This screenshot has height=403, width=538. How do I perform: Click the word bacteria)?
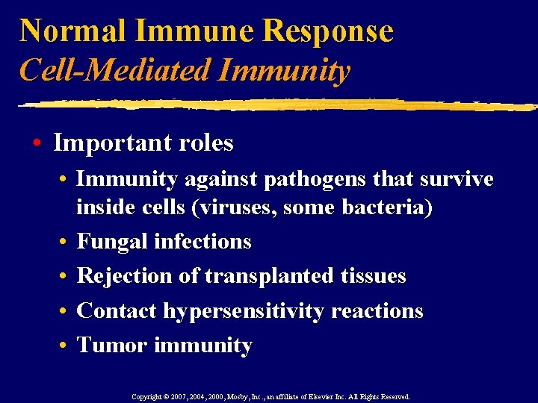point(388,207)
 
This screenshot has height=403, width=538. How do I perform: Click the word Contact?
point(119,310)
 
